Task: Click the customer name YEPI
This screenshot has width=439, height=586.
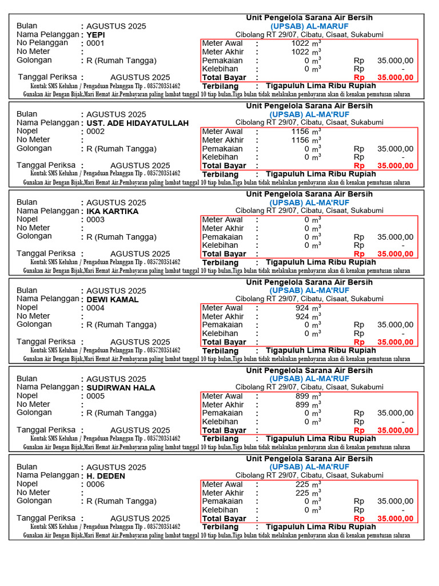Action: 96,34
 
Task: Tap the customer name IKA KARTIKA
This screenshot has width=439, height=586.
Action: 113,211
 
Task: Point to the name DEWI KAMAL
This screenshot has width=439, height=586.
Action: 113,299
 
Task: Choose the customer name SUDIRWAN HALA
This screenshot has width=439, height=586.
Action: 121,387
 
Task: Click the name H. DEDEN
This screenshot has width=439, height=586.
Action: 106,476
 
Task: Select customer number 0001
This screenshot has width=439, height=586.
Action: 95,43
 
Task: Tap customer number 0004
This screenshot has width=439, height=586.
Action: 95,308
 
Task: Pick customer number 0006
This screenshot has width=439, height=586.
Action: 95,484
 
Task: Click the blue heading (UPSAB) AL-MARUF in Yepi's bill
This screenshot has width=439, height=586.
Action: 309,26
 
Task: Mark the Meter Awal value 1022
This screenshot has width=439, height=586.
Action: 300,43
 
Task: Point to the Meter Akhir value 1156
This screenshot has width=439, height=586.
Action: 300,140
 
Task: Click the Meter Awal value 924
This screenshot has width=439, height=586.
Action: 302,308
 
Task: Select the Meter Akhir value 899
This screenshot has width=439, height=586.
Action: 302,405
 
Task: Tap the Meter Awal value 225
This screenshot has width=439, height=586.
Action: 302,484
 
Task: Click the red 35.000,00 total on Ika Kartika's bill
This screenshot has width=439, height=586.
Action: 396,254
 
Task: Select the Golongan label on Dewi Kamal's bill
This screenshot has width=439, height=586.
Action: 34,324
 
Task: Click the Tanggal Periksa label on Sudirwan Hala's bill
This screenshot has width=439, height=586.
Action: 46,430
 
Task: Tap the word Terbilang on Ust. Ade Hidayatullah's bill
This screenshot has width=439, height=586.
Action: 220,174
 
